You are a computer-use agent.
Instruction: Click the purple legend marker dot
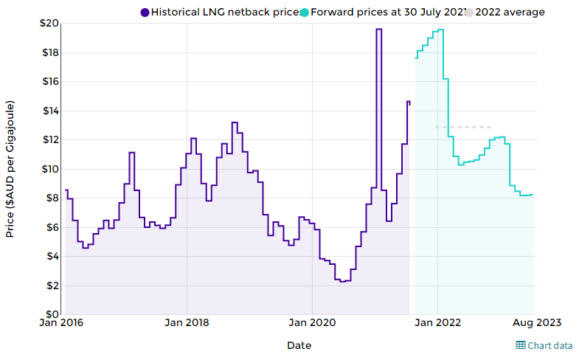(145, 13)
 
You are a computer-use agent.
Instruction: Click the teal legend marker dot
(304, 13)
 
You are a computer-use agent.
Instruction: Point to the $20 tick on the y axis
(49, 24)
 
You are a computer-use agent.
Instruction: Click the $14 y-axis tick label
(49, 111)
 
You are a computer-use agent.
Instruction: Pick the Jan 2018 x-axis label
(187, 323)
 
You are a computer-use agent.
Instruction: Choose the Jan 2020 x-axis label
(312, 323)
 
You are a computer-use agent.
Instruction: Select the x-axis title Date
(299, 345)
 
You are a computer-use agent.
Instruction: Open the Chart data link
(544, 345)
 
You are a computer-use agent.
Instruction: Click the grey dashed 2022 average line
(463, 127)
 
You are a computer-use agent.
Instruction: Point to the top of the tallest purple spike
(379, 30)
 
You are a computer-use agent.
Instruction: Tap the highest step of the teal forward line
(440, 30)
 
